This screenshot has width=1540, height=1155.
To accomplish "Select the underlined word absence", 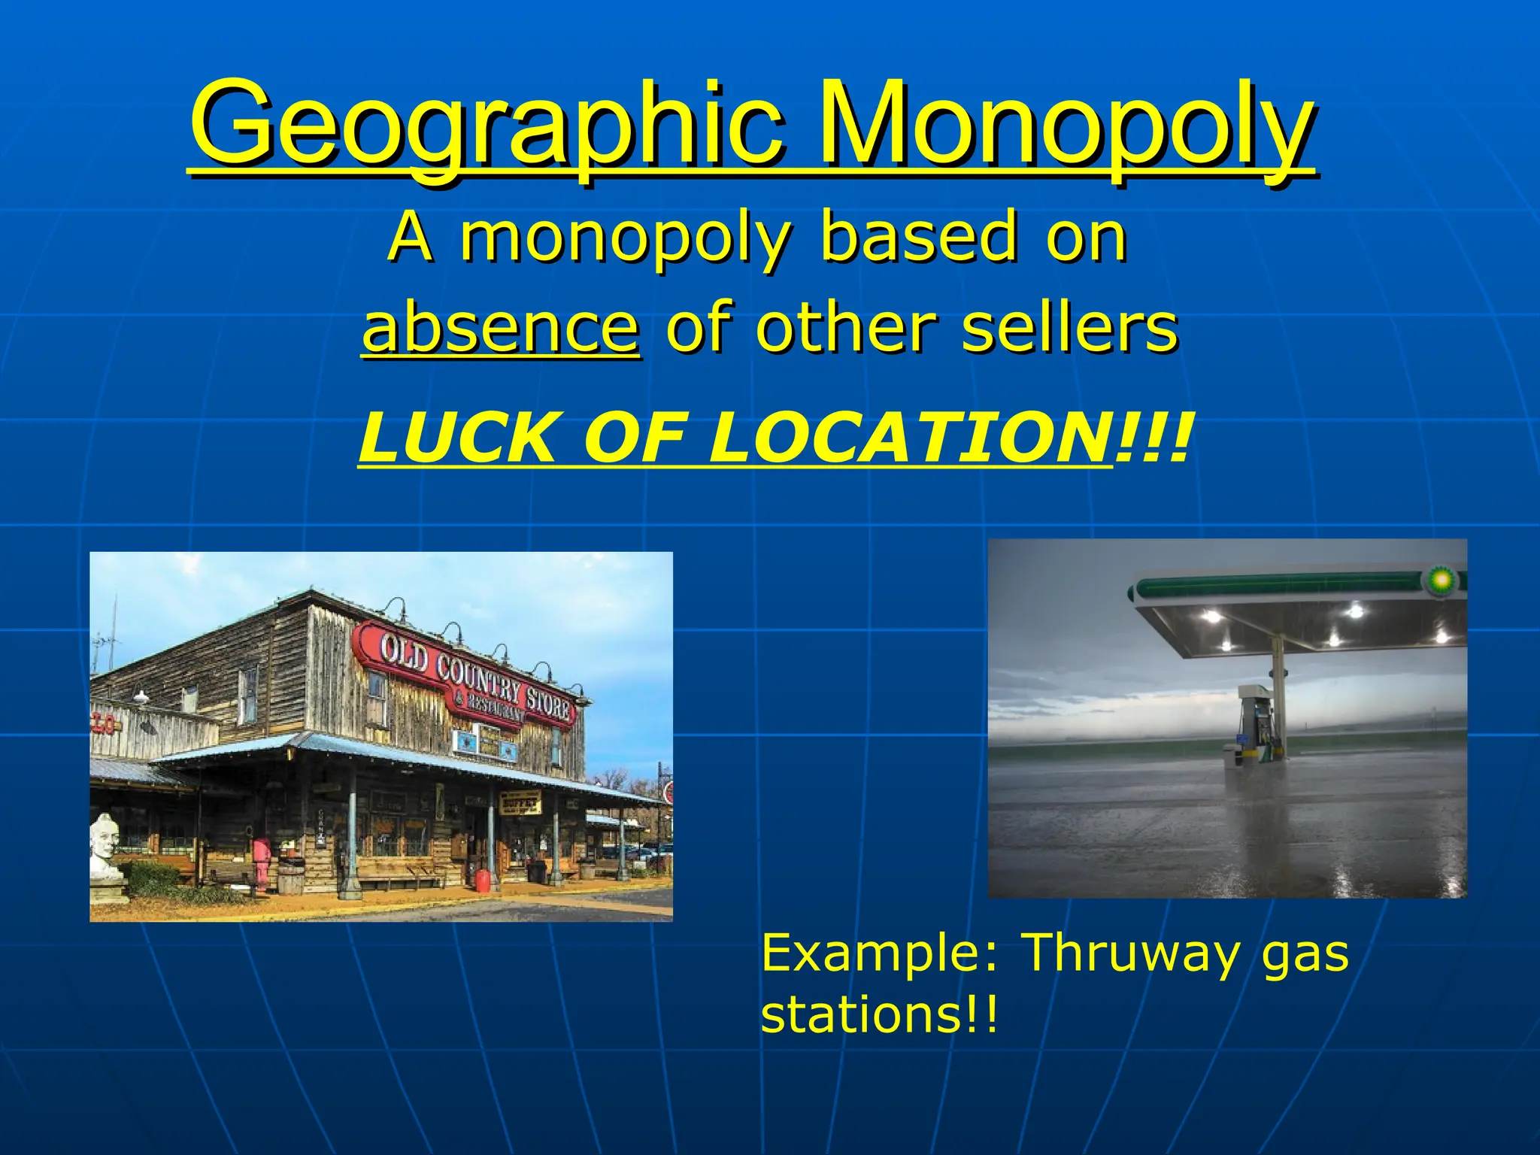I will point(501,328).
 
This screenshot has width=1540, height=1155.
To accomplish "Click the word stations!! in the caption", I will point(880,1015).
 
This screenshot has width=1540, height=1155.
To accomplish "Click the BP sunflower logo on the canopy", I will point(1441,579).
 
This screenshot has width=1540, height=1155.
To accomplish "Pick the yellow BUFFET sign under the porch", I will point(520,803).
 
